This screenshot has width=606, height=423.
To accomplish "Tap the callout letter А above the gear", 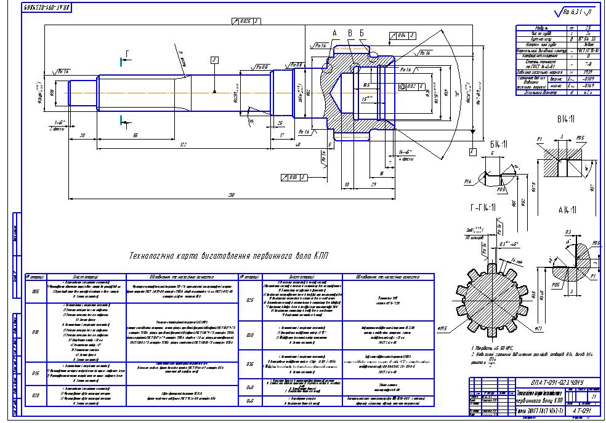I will coord(335,32).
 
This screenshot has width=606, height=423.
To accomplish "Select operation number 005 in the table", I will coord(34,291).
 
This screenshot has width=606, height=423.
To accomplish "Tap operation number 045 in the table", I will coord(250,401).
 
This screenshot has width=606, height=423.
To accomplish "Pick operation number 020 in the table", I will coord(34,395).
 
